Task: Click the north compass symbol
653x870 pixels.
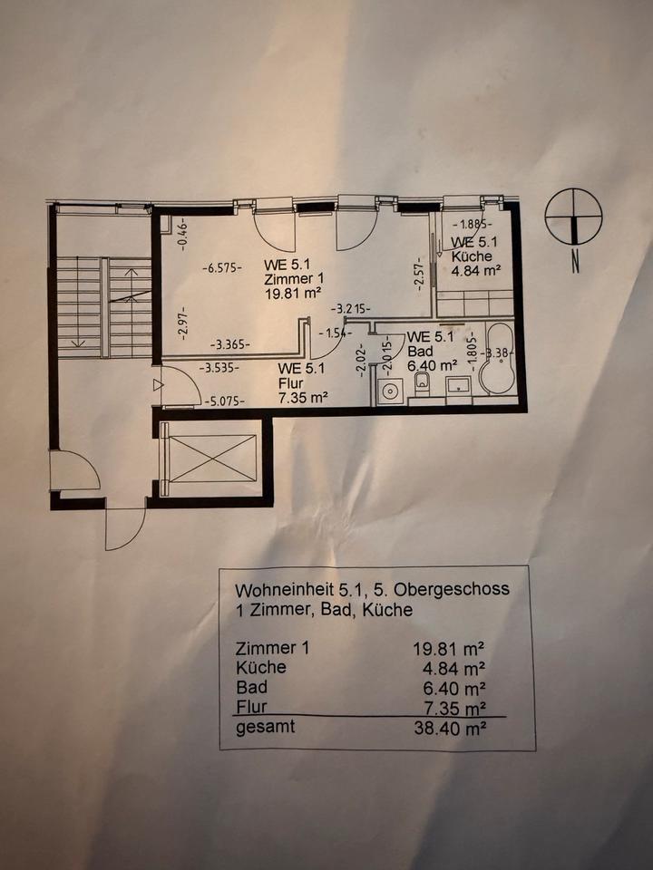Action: [x=573, y=217]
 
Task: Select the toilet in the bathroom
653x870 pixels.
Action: [x=422, y=385]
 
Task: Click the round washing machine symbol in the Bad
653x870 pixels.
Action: [x=391, y=392]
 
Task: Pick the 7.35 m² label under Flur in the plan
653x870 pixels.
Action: [x=303, y=396]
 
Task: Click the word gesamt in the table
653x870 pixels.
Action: [x=265, y=727]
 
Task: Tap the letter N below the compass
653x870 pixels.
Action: [x=574, y=266]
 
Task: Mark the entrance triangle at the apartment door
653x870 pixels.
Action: [x=161, y=385]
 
